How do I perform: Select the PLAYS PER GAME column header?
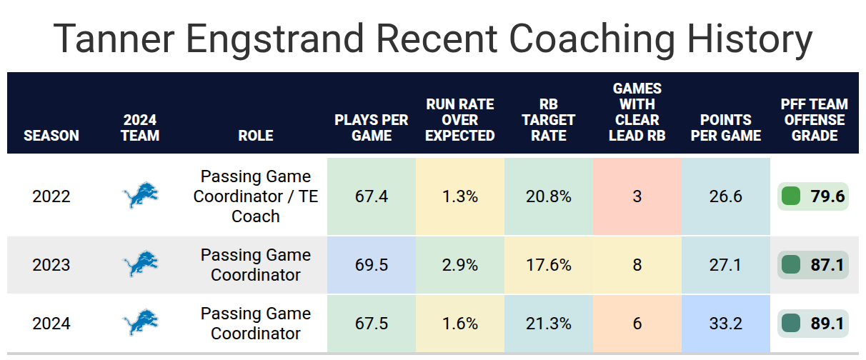[x=371, y=128]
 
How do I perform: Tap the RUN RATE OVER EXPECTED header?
[x=460, y=120]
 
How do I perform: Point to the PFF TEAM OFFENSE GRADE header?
[x=814, y=120]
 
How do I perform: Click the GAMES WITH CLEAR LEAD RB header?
[x=637, y=112]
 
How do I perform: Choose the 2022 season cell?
[x=51, y=196]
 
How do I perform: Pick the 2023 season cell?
[x=51, y=265]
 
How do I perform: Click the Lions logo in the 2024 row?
[x=140, y=322]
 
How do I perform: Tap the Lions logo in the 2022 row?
[x=140, y=195]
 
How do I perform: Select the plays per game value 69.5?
[x=372, y=265]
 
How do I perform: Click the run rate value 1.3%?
[x=460, y=196]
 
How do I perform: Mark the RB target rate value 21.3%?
[x=549, y=324]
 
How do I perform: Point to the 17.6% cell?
[x=549, y=265]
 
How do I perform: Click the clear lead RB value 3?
[x=637, y=196]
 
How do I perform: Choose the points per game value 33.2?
[x=726, y=324]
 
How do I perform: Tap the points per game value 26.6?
[x=726, y=196]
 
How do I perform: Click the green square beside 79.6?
[x=791, y=196]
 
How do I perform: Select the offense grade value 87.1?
[x=827, y=265]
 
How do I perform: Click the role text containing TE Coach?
[x=256, y=196]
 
